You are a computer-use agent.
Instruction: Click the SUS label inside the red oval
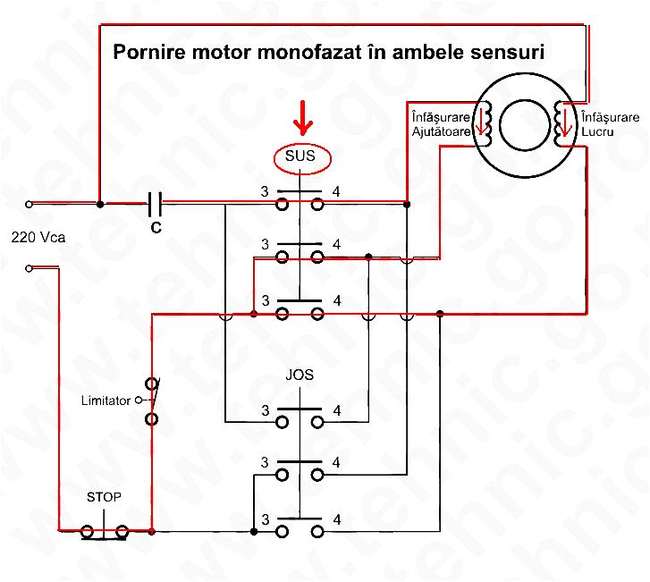point(302,156)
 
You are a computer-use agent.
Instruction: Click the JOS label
point(300,375)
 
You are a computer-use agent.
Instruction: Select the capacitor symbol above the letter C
point(156,205)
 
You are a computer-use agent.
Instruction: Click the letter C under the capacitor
point(156,228)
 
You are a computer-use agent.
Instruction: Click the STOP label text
point(104,497)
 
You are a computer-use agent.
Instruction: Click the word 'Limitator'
point(106,400)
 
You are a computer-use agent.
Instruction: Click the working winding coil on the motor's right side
point(563,122)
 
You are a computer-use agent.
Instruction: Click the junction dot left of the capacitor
point(99,205)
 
